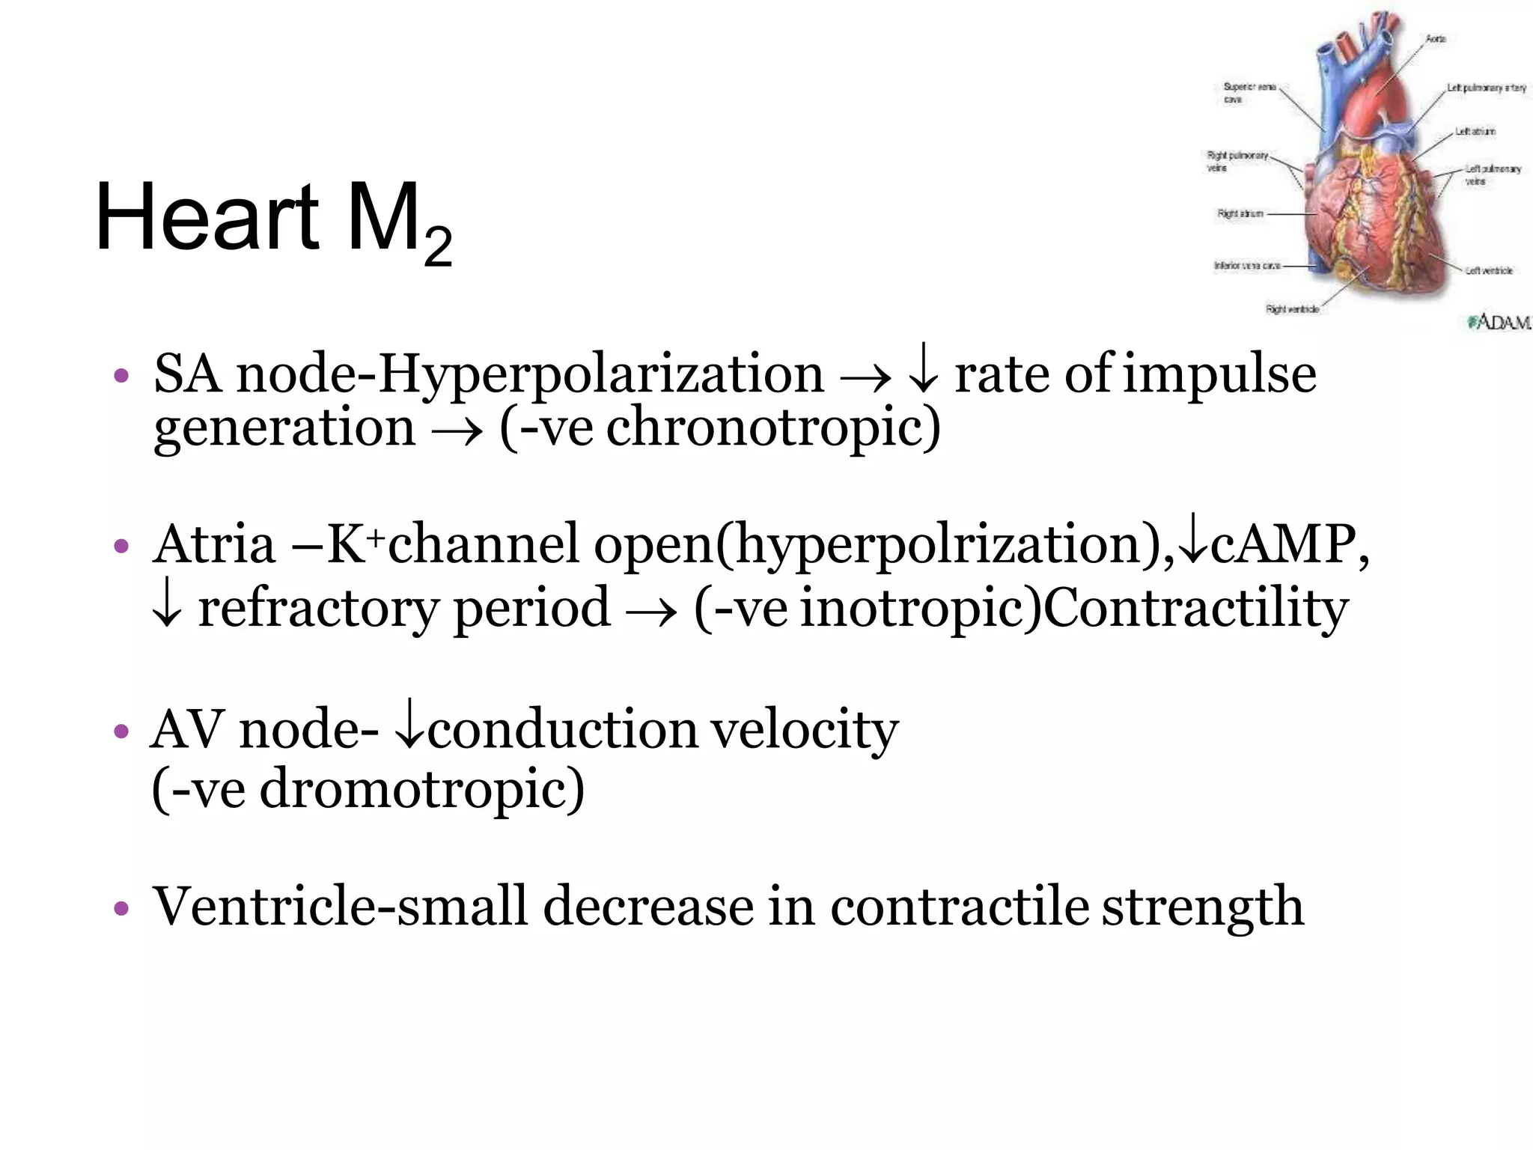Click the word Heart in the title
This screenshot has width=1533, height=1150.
(x=207, y=217)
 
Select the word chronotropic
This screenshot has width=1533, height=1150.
(x=772, y=428)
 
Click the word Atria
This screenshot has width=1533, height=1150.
(x=214, y=544)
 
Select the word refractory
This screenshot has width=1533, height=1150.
(x=317, y=608)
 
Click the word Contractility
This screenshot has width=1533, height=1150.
(x=1195, y=608)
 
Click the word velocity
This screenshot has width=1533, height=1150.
(x=804, y=729)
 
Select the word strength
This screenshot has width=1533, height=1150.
(x=1203, y=907)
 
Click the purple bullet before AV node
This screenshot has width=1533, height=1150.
(x=121, y=731)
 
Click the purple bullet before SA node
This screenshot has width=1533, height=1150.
(x=121, y=375)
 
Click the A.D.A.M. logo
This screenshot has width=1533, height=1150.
(x=1499, y=322)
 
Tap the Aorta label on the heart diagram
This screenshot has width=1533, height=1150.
(x=1435, y=39)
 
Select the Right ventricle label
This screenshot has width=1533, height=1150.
(x=1292, y=308)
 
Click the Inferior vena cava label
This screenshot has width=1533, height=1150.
(x=1246, y=266)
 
